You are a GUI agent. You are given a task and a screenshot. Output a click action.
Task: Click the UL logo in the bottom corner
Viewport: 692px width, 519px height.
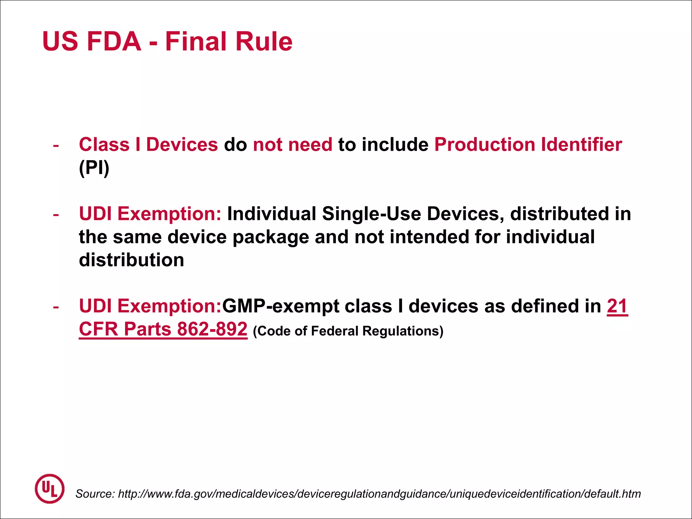coord(49,489)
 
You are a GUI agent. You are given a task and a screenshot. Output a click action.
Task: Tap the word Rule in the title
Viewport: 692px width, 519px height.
coord(264,42)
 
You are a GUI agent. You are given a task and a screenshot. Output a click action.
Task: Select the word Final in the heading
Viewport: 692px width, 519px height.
coord(196,42)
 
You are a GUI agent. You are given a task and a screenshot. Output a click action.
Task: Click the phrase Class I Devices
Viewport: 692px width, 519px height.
coord(148,145)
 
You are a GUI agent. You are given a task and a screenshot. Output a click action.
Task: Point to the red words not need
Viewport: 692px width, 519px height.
coord(293,145)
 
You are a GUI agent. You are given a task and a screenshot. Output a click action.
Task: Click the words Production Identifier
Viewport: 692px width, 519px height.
coord(528,145)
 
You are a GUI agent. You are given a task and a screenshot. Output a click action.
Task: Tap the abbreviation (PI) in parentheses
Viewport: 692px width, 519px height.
coord(94,168)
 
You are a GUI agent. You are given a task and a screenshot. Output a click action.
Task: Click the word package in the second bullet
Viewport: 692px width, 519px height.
coord(271,237)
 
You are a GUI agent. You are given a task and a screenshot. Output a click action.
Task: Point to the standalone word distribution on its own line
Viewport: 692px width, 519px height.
coord(131,260)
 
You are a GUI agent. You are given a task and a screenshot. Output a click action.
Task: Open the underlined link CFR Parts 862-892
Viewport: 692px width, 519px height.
coord(163,329)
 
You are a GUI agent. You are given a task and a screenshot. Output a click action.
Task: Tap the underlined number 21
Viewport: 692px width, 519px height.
coord(617,306)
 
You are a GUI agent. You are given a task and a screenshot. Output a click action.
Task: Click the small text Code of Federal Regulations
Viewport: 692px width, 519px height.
coord(348,331)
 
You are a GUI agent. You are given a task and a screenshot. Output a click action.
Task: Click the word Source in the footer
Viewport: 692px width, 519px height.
coord(95,494)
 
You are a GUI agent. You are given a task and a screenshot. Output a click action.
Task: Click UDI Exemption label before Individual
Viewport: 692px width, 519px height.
coord(150,214)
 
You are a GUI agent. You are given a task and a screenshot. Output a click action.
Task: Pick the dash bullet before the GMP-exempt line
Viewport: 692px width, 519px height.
coord(56,307)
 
